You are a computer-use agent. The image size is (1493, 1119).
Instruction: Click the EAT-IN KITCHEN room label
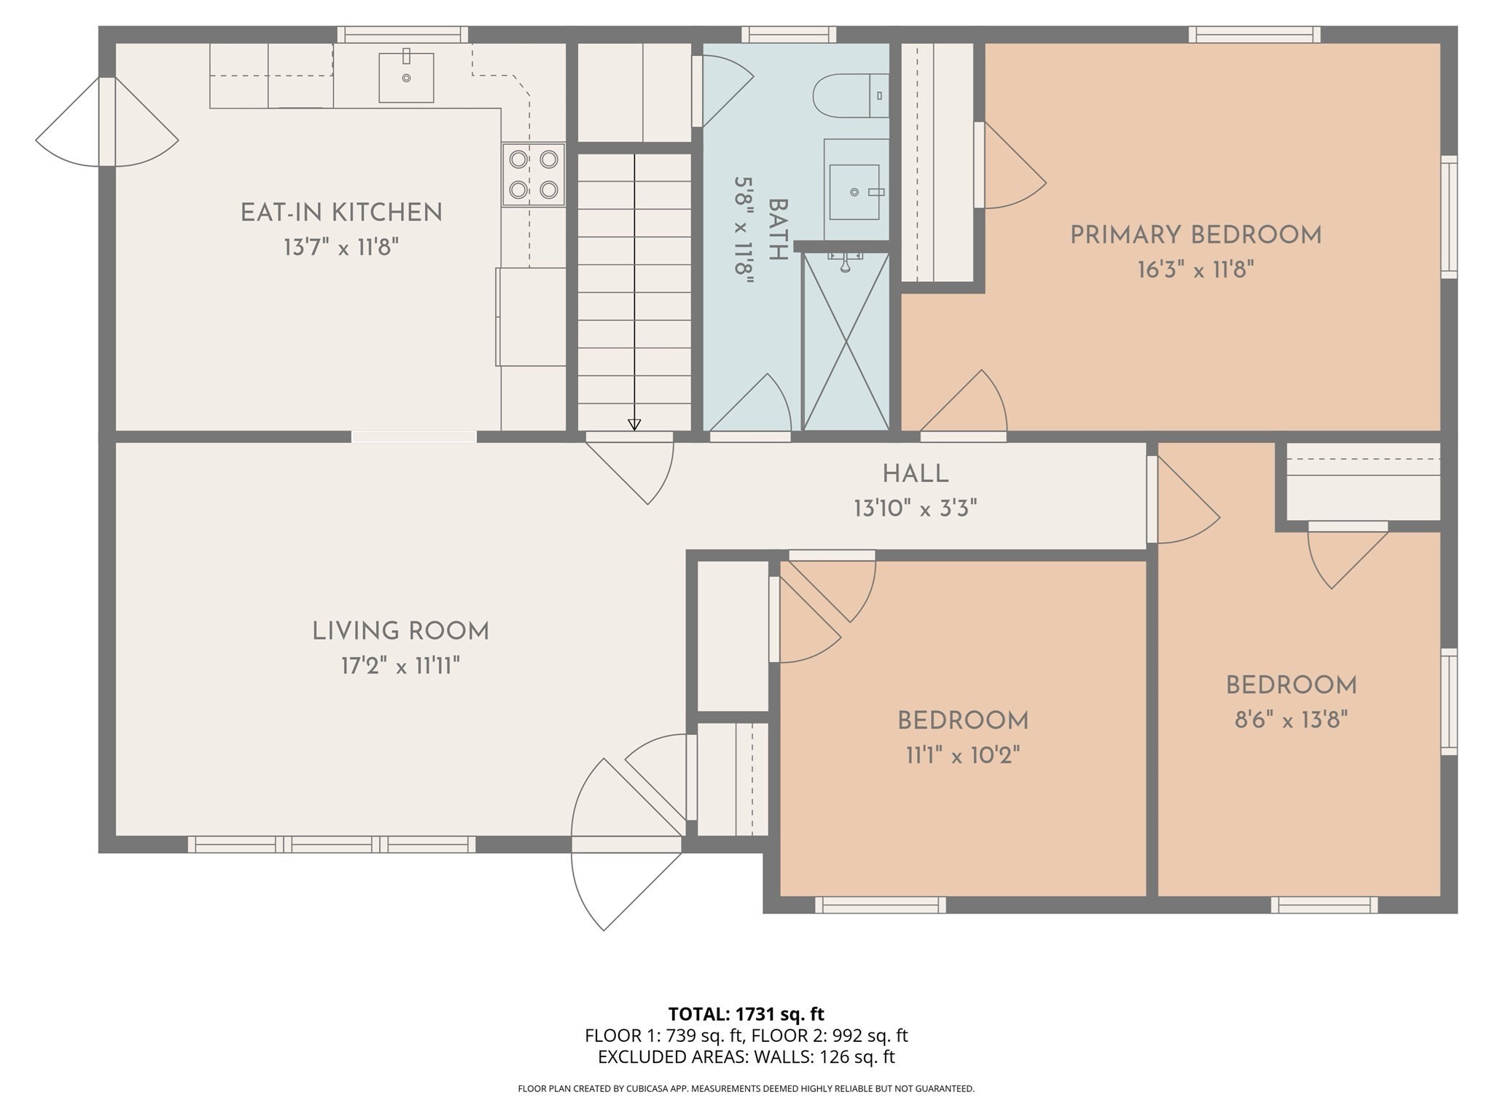click(x=341, y=213)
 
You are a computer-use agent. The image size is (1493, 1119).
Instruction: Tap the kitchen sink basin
click(x=406, y=77)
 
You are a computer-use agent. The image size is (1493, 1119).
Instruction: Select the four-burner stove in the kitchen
click(x=533, y=174)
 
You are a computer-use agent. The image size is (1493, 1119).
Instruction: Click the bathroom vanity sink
click(x=854, y=192)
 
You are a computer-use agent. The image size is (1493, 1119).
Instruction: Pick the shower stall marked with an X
click(x=846, y=341)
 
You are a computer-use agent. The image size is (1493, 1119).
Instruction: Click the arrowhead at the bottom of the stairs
click(x=634, y=424)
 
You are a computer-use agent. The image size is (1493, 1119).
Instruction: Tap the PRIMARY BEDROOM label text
click(x=1196, y=235)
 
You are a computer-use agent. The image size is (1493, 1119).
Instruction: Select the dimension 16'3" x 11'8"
click(x=1196, y=270)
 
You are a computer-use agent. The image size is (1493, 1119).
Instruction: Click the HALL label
click(x=916, y=474)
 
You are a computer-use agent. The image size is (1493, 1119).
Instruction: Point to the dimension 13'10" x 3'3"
click(x=916, y=509)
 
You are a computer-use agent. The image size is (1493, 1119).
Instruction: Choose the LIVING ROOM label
click(x=400, y=631)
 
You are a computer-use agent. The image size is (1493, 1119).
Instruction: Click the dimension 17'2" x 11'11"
click(x=400, y=666)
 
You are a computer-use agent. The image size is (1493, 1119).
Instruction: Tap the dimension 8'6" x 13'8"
click(x=1291, y=721)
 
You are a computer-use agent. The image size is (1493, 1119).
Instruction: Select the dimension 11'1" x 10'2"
click(x=962, y=755)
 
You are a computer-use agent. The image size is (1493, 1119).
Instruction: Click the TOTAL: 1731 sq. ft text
click(x=746, y=1013)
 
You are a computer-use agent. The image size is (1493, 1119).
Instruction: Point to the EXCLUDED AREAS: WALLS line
click(x=746, y=1056)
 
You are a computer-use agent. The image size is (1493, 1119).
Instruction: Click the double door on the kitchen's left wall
click(x=107, y=122)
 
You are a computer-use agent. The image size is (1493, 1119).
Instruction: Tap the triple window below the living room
click(x=332, y=844)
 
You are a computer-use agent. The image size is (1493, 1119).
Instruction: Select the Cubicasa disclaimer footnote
click(x=746, y=1088)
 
